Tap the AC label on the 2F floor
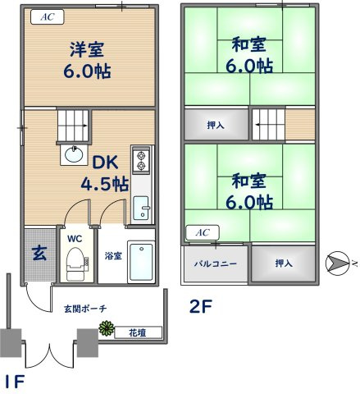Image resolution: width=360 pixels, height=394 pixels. [x=201, y=233]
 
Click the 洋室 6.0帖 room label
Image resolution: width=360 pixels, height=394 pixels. [x=87, y=59]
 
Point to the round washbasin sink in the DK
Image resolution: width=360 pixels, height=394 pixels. [x=71, y=154]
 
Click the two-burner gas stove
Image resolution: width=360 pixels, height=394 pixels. [x=140, y=159]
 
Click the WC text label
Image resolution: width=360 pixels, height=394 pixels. [x=75, y=239]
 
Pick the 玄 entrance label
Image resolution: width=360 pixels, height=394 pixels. [x=39, y=253]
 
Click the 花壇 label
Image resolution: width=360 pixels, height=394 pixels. [x=138, y=332]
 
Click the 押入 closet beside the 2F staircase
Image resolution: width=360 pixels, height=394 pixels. [x=215, y=126]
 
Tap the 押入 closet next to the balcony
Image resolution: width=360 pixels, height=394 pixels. [x=283, y=263]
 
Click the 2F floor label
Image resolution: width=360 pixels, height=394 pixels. [x=202, y=308]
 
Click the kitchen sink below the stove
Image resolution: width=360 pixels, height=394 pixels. [x=141, y=208]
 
